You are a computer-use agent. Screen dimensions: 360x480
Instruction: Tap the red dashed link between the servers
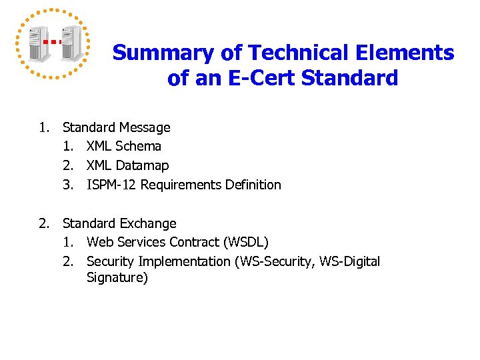[53, 41]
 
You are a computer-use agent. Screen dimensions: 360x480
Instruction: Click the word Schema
[138, 146]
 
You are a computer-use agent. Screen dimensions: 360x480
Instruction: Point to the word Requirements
[179, 185]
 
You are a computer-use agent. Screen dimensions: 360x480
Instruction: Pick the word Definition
[254, 185]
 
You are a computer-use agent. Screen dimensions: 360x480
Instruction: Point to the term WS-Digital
[349, 261]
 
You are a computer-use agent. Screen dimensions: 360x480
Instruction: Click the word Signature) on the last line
[117, 278]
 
